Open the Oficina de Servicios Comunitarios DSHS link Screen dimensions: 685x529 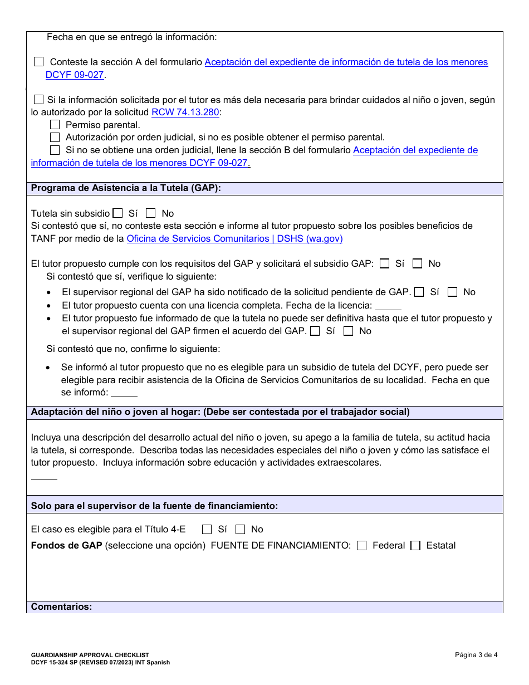pos(234,239)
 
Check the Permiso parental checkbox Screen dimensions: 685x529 pos(55,125)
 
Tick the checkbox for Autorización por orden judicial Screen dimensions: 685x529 pos(55,138)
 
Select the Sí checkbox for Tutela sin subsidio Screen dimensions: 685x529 pos(117,213)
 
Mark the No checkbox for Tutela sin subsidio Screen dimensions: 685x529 pos(150,213)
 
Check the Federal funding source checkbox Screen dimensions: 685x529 pos(362,546)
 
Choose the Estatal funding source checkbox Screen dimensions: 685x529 pos(415,546)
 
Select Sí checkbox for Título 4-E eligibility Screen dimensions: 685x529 pos(207,530)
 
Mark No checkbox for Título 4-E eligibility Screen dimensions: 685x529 pos(240,530)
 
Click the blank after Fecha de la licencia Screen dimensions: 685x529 pos(388,306)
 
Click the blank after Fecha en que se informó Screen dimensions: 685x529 pos(124,393)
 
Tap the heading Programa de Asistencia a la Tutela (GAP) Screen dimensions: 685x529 pos(126,188)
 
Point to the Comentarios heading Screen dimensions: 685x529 pos(61,607)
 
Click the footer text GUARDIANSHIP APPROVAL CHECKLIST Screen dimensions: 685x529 pos(90,655)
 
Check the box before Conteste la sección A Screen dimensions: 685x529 pos(39,62)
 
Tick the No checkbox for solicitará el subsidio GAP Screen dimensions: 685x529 pos(417,264)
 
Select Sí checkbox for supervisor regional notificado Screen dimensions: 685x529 pos(419,292)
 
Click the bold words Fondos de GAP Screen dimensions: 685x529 pos(66,546)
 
